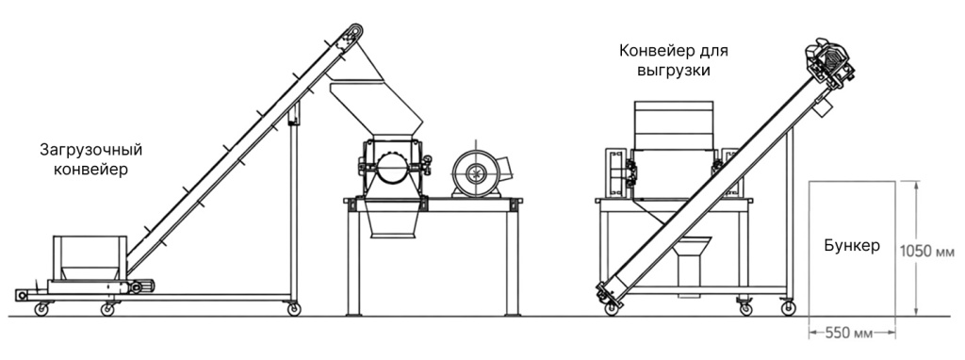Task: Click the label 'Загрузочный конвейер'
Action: tap(84, 159)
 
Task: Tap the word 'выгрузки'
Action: tap(674, 70)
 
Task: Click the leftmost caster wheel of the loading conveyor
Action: tap(41, 308)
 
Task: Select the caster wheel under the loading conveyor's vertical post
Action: tap(295, 308)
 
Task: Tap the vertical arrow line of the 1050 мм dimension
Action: tap(913, 250)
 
